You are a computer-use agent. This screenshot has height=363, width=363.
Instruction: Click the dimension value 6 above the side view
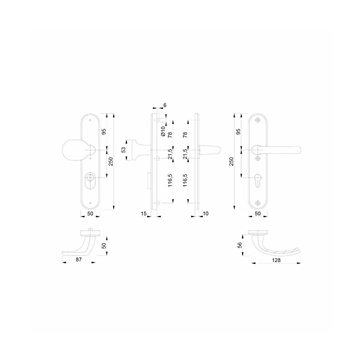pyautogui.click(x=165, y=105)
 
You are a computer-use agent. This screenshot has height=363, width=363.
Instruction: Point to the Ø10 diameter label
pyautogui.click(x=163, y=131)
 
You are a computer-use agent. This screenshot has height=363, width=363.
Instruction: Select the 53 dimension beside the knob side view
pyautogui.click(x=124, y=150)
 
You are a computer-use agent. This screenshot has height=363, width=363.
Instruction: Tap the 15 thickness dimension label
pyautogui.click(x=143, y=214)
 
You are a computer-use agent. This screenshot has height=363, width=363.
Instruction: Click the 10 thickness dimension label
pyautogui.click(x=206, y=214)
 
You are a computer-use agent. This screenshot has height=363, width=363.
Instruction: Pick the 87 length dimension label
pyautogui.click(x=79, y=260)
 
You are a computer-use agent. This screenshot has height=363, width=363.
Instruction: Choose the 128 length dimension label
pyautogui.click(x=276, y=260)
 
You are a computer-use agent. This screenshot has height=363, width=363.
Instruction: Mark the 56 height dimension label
pyautogui.click(x=240, y=245)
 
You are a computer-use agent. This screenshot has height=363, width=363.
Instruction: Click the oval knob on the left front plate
pyautogui.click(x=72, y=150)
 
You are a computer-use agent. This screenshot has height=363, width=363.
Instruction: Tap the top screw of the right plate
pyautogui.click(x=258, y=120)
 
